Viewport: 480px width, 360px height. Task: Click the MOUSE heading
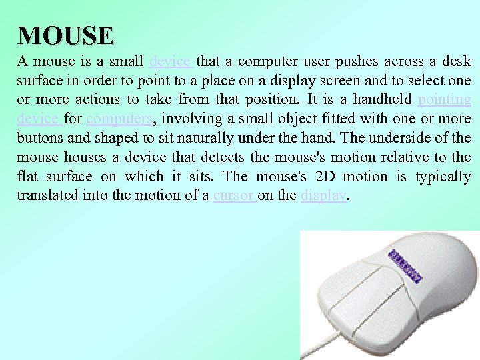(x=66, y=35)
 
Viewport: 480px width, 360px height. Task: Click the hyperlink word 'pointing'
(x=444, y=100)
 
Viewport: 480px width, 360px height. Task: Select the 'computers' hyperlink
(x=119, y=119)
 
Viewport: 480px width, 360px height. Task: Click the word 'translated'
(x=49, y=196)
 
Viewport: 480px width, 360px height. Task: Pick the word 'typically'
(x=443, y=177)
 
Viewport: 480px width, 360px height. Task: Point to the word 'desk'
(x=458, y=62)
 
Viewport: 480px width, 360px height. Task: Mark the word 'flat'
(x=28, y=177)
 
